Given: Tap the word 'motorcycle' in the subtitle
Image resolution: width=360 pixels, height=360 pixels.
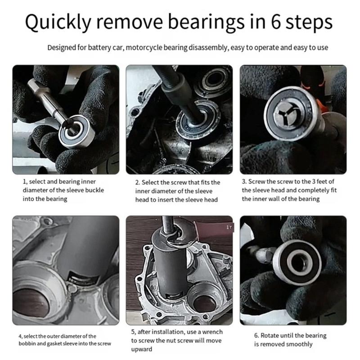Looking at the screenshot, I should pos(147,47).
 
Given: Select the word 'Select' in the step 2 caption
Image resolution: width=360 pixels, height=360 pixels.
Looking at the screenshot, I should pos(151,182).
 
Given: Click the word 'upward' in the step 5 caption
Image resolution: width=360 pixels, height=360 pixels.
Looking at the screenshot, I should pos(142,349).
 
